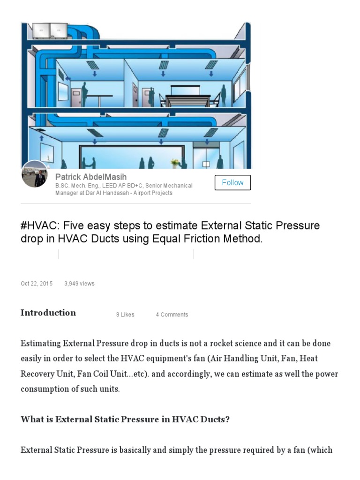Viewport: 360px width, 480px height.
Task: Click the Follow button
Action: (x=232, y=182)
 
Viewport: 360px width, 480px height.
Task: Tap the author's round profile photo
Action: (x=34, y=174)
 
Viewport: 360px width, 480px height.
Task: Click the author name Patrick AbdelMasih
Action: (x=91, y=177)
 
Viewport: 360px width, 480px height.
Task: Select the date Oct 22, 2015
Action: (x=37, y=284)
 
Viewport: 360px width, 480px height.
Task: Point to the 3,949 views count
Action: (x=79, y=284)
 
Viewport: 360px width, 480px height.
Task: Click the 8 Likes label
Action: (x=125, y=315)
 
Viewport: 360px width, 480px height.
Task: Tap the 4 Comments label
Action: (x=172, y=315)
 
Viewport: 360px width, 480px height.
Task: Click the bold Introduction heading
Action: (x=48, y=313)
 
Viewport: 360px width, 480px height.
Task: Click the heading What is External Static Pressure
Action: (x=125, y=419)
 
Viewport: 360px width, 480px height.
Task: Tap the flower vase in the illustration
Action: (x=175, y=163)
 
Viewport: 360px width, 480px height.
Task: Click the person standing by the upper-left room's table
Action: (x=84, y=95)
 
